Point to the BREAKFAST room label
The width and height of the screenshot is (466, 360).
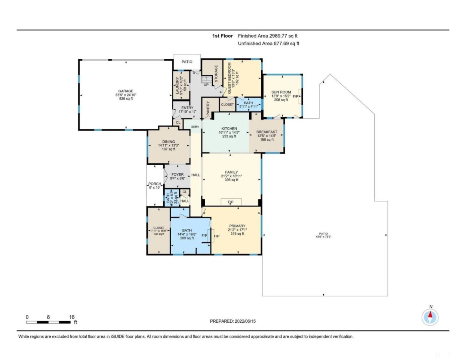267,132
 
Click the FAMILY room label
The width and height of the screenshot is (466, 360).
231,172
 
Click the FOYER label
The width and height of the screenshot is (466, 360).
177,174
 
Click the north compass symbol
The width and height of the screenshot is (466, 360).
430,317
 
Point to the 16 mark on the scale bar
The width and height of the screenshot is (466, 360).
72,317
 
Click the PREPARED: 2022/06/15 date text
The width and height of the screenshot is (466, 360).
233,321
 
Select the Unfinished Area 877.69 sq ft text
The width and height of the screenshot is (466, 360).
268,43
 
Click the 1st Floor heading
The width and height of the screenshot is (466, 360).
222,36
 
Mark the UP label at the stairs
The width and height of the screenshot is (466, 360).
206,85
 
